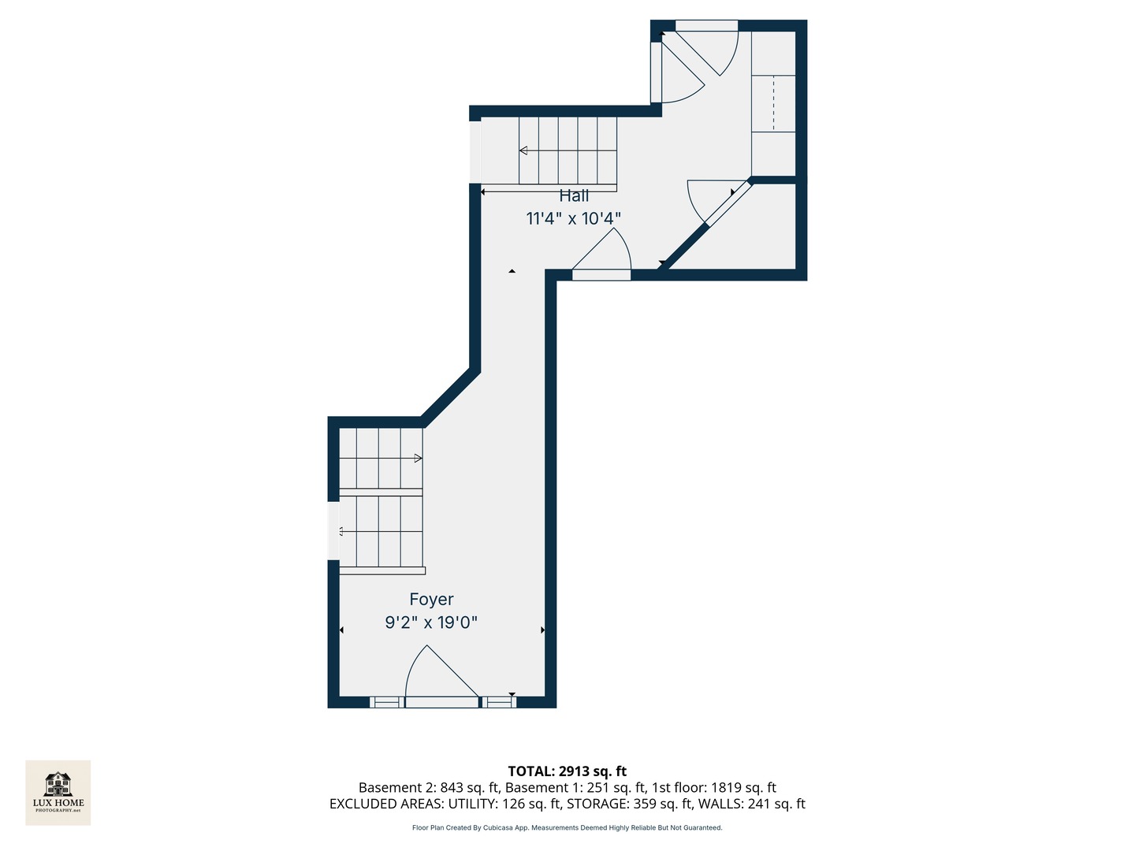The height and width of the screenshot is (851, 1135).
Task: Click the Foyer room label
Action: (x=431, y=599)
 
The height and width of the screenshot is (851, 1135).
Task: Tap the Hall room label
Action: (x=574, y=196)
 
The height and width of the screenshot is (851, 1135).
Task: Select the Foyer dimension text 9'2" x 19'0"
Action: (x=431, y=622)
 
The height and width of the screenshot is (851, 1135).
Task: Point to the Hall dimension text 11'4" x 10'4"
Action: (x=574, y=218)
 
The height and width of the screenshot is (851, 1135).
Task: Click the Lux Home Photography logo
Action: (x=58, y=792)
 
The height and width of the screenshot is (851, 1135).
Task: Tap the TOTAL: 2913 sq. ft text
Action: (x=567, y=771)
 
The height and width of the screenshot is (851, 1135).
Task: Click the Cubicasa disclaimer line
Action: (x=567, y=827)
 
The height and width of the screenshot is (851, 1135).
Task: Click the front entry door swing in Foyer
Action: (x=442, y=671)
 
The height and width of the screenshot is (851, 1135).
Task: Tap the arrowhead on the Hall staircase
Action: (x=523, y=151)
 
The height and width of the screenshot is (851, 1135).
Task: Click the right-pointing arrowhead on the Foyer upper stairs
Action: (x=418, y=458)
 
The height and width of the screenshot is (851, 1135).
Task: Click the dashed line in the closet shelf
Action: (x=773, y=103)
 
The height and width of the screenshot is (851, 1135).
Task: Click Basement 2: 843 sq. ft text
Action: (x=430, y=787)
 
